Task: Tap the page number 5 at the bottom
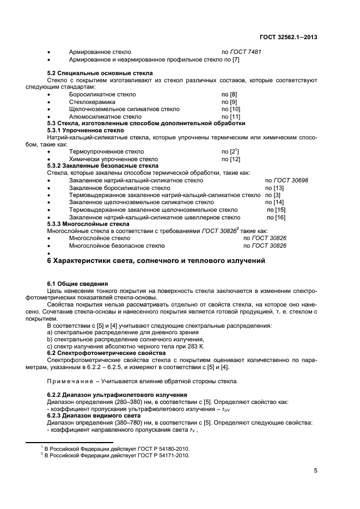coord(315,471)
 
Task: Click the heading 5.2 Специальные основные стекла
coord(100,73)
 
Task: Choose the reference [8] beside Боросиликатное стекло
coord(229,95)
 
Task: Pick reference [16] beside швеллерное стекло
coord(280,217)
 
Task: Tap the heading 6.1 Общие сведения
coord(77,284)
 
